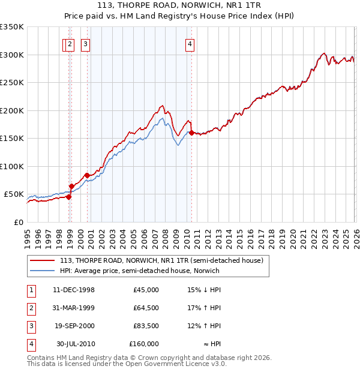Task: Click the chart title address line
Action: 179,6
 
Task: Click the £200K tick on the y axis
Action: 11,110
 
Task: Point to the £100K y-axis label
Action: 11,166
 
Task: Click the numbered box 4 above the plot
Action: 190,43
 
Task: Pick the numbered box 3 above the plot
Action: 85,43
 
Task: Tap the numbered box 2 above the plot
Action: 70,43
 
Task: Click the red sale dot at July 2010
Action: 191,133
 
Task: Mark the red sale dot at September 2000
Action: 87,175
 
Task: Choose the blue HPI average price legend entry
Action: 139,271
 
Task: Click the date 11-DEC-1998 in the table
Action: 74,290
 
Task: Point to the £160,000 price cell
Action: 144,344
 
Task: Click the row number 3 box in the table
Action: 30,326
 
